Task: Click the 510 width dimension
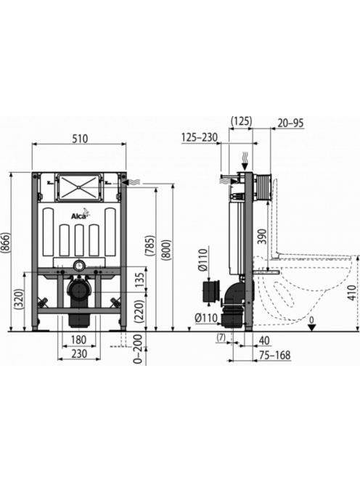click(x=80, y=139)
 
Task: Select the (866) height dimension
click(x=6, y=243)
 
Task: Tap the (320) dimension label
click(x=20, y=300)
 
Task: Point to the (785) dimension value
click(x=150, y=245)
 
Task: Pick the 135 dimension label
click(x=140, y=280)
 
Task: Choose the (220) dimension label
click(x=140, y=311)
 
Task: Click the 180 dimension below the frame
click(x=78, y=340)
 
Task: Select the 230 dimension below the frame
click(x=79, y=354)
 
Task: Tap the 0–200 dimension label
click(x=138, y=349)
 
